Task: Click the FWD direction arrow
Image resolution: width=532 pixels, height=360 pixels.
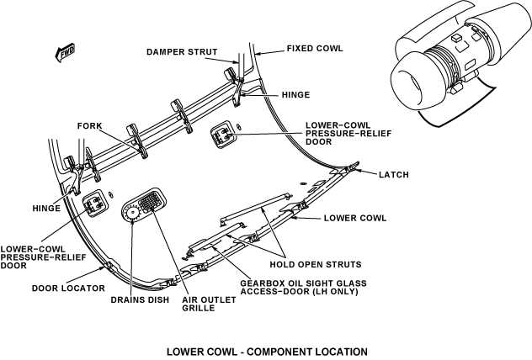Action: coord(62,53)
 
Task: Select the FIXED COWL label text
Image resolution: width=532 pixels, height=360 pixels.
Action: coord(315,48)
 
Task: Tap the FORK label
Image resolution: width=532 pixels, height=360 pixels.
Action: coord(89,126)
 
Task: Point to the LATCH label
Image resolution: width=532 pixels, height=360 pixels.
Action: coord(394,175)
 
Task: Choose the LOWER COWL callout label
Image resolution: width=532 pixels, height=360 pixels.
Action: coord(354,218)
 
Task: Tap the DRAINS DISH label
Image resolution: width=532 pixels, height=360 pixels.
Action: coord(140,299)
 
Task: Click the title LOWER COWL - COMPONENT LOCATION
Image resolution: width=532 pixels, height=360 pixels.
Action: coord(267,350)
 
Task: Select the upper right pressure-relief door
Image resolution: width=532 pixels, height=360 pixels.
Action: coord(222,133)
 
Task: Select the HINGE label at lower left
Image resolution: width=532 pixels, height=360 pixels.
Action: coord(47,207)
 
